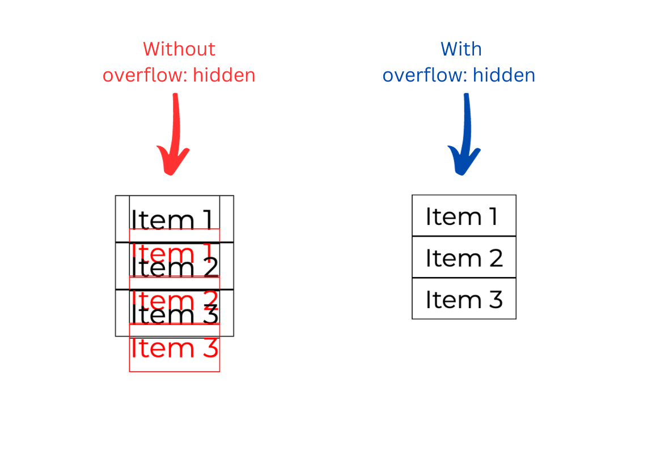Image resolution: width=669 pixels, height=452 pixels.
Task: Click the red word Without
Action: pyautogui.click(x=179, y=49)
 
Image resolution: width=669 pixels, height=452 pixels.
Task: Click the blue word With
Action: pyautogui.click(x=461, y=49)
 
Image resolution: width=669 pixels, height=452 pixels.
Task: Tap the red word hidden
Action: pyautogui.click(x=224, y=75)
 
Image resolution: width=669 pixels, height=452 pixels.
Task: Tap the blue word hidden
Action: pyautogui.click(x=504, y=75)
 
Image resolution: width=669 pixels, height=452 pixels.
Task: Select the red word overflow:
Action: pyautogui.click(x=145, y=75)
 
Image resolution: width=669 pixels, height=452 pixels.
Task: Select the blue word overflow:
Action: pyautogui.click(x=425, y=75)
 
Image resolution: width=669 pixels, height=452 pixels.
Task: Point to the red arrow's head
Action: pyautogui.click(x=172, y=161)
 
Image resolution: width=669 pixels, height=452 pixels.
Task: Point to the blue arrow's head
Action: pyautogui.click(x=463, y=161)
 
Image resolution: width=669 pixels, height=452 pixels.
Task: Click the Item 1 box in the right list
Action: pyautogui.click(x=464, y=215)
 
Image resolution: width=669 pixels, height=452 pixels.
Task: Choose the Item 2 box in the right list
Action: pyautogui.click(x=464, y=257)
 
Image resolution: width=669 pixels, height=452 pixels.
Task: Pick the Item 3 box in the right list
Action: pyautogui.click(x=464, y=299)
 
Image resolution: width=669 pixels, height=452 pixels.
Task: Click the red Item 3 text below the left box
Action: pyautogui.click(x=175, y=348)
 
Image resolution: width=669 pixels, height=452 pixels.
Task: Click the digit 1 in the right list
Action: pyautogui.click(x=493, y=216)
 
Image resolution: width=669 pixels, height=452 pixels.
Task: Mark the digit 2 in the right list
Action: pyautogui.click(x=496, y=258)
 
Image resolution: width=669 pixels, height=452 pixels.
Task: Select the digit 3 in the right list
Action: pyautogui.click(x=496, y=299)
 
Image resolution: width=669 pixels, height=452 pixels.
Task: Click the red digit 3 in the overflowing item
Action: pyautogui.click(x=210, y=348)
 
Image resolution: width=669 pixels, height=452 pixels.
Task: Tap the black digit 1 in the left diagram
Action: pyautogui.click(x=208, y=220)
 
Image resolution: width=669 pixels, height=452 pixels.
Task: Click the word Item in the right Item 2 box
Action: pyautogui.click(x=454, y=258)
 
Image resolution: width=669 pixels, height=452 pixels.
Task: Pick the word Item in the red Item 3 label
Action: pyautogui.click(x=163, y=348)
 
